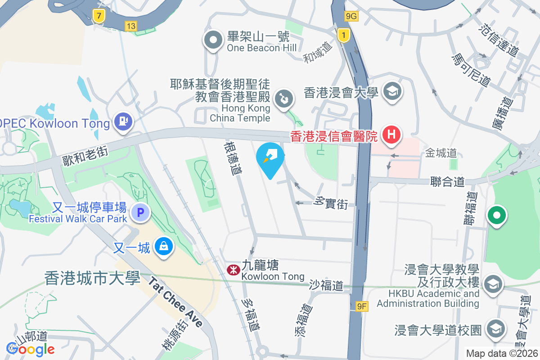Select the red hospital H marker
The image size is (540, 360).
(391, 134)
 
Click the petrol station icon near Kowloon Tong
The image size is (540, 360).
(123, 121)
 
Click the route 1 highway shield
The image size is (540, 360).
(344, 35)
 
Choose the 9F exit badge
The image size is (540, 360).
(362, 307)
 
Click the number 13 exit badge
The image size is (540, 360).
(130, 27)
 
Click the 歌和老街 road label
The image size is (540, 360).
(85, 153)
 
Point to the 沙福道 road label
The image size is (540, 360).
(326, 285)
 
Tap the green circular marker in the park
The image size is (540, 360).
(497, 216)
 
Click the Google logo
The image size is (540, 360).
(30, 349)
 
